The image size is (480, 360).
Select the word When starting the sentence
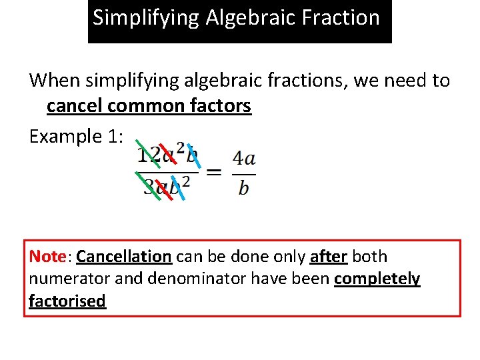click(x=53, y=81)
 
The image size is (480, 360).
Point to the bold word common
click(x=141, y=106)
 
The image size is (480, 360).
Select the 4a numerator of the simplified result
click(x=243, y=159)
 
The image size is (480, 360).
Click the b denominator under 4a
click(x=243, y=187)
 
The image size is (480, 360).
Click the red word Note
click(x=47, y=257)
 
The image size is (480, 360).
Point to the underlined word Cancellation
click(x=124, y=257)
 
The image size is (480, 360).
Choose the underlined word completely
click(x=377, y=279)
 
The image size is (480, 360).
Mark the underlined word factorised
click(x=67, y=301)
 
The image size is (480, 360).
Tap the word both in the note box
click(x=369, y=257)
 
